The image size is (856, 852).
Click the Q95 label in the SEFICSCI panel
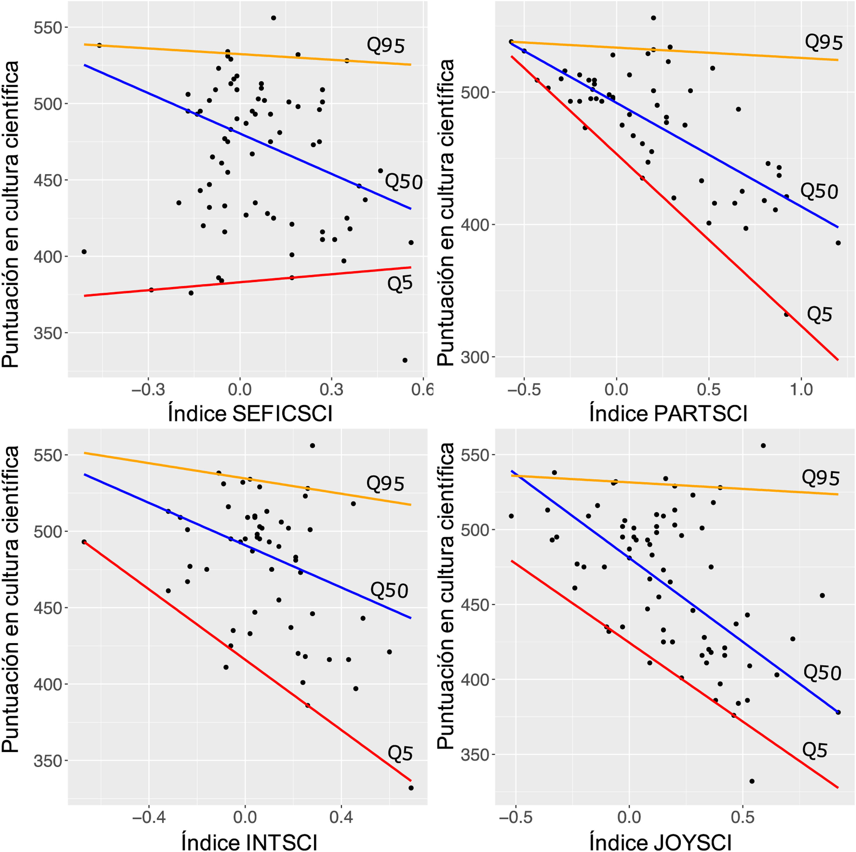coord(385,46)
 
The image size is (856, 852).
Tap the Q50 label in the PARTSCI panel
coord(819,191)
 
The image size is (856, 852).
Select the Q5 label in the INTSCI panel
coord(400,754)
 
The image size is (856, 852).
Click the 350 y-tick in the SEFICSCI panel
coord(47,333)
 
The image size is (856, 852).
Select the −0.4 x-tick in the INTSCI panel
coord(148,817)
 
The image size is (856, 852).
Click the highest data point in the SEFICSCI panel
coord(273,18)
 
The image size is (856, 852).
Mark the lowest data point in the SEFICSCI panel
coord(404,360)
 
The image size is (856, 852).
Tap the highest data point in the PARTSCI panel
coord(653,18)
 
